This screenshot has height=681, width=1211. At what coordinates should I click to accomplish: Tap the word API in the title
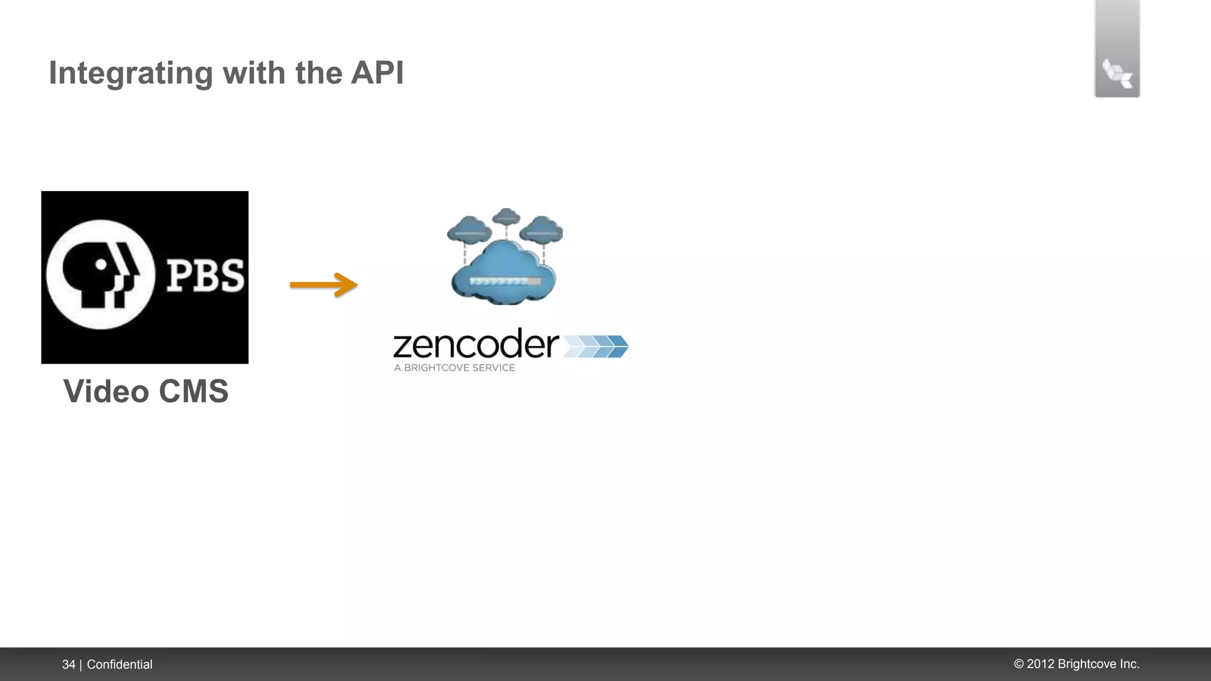coord(377,73)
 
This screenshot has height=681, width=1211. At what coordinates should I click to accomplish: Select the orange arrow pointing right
coord(323,285)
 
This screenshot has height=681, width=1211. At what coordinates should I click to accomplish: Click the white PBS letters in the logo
coord(205,276)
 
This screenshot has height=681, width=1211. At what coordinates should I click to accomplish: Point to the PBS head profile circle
coord(101,275)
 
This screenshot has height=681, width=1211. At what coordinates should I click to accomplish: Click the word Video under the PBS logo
coord(106,391)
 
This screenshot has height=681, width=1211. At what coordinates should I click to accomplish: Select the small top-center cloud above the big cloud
coord(506,217)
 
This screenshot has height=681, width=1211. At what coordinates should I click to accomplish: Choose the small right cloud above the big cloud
coord(542,230)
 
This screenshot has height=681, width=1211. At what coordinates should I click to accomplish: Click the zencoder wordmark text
coord(475,345)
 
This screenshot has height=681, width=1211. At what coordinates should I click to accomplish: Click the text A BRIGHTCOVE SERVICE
coord(454,368)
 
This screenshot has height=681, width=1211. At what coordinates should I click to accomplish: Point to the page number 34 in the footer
coord(69,664)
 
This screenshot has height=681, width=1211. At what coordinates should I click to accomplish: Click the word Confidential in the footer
coord(119,664)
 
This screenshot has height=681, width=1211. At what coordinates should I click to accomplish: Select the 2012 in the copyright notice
coord(1041,664)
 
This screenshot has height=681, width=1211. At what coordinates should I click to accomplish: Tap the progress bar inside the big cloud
coord(504,281)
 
